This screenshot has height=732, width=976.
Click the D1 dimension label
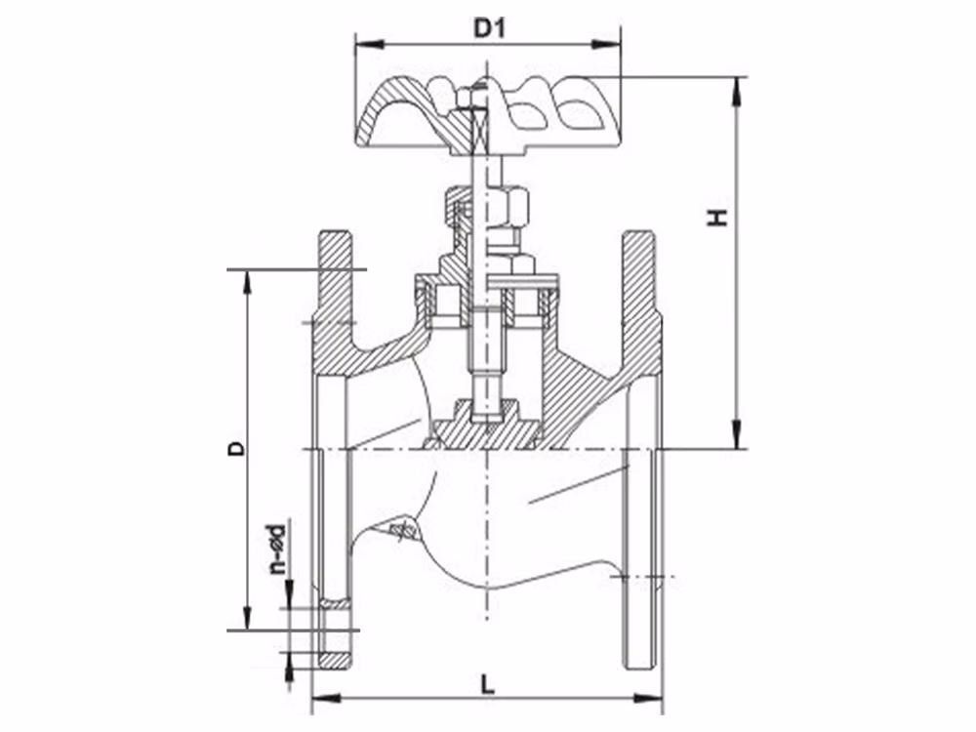pos(488,28)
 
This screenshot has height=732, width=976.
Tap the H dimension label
pos(719,217)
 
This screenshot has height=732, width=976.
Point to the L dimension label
pos(488,685)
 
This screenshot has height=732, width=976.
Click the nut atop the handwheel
pos(467,99)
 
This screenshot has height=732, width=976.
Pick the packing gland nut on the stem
pos(510,206)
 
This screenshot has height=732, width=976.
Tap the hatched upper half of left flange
pos(334,283)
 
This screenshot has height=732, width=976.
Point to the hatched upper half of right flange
pos(641,283)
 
